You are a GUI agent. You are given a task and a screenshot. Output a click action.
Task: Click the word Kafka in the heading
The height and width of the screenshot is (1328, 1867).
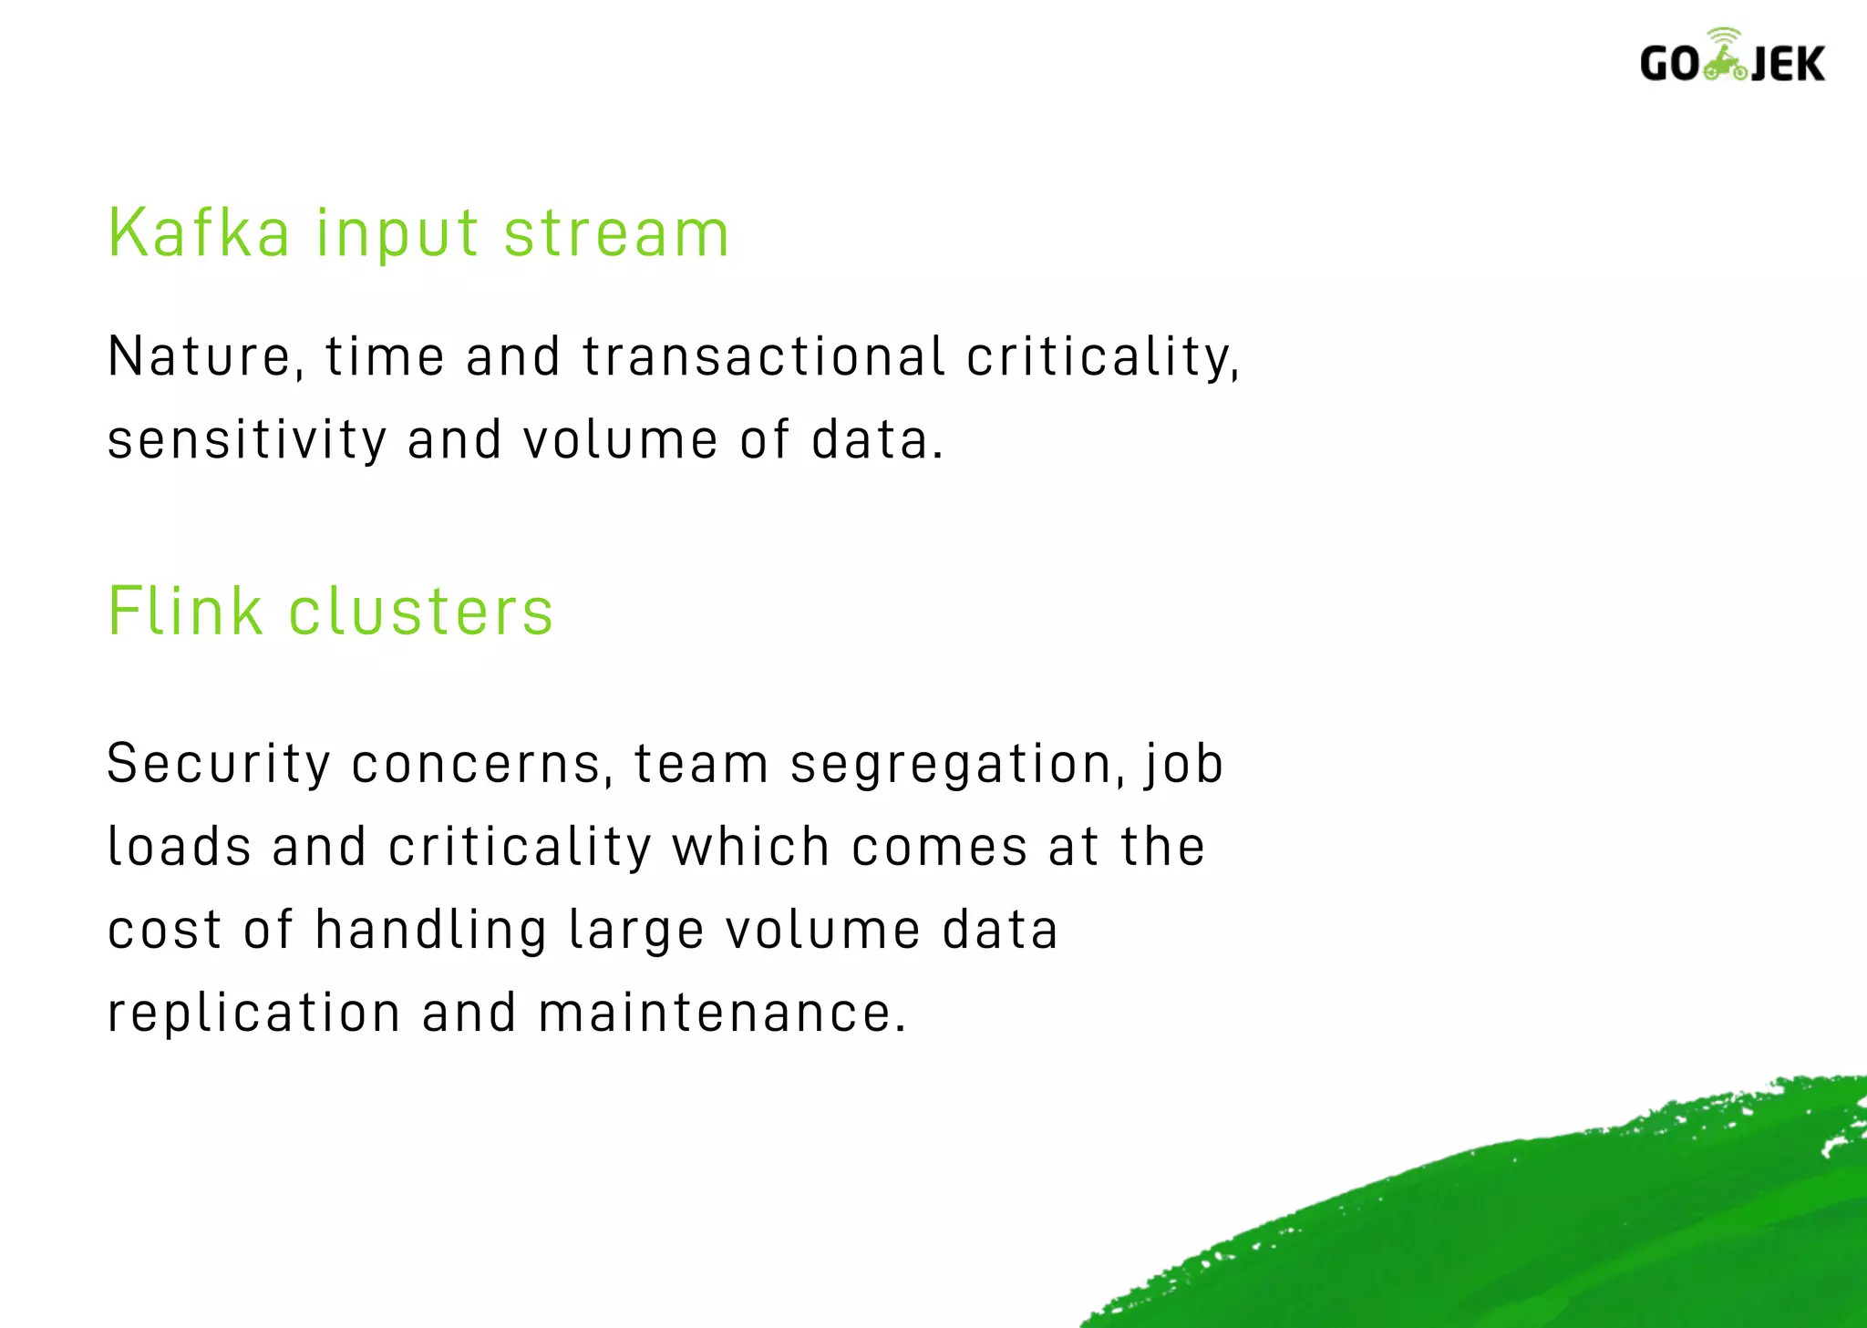199,233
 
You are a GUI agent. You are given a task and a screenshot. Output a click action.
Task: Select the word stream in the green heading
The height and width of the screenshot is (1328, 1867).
616,233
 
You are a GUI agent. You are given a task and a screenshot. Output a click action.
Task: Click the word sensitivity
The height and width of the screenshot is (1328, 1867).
247,440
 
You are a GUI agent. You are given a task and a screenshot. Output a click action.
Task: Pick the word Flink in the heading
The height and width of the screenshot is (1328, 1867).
185,611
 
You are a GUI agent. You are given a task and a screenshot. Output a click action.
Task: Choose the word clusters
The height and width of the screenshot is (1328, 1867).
421,611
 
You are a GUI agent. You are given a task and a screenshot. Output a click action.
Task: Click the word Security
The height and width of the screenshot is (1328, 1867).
219,764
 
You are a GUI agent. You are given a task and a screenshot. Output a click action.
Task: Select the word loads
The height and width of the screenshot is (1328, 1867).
180,847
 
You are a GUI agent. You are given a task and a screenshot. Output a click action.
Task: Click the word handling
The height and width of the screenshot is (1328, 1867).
431,932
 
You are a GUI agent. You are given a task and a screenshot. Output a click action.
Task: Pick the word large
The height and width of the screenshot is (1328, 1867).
636,932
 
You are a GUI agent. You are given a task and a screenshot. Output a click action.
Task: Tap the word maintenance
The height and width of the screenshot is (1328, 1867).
722,1014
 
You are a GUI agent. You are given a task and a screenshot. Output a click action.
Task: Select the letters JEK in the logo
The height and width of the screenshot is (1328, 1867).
1789,65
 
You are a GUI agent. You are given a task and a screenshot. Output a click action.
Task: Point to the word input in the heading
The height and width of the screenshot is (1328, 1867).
397,235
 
